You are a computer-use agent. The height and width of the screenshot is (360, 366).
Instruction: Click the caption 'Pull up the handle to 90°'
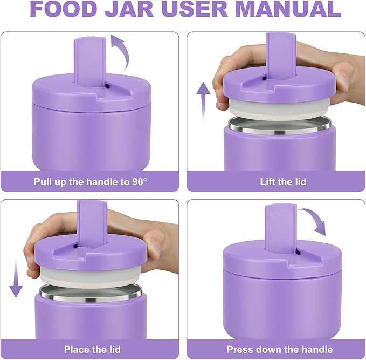[91, 182]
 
